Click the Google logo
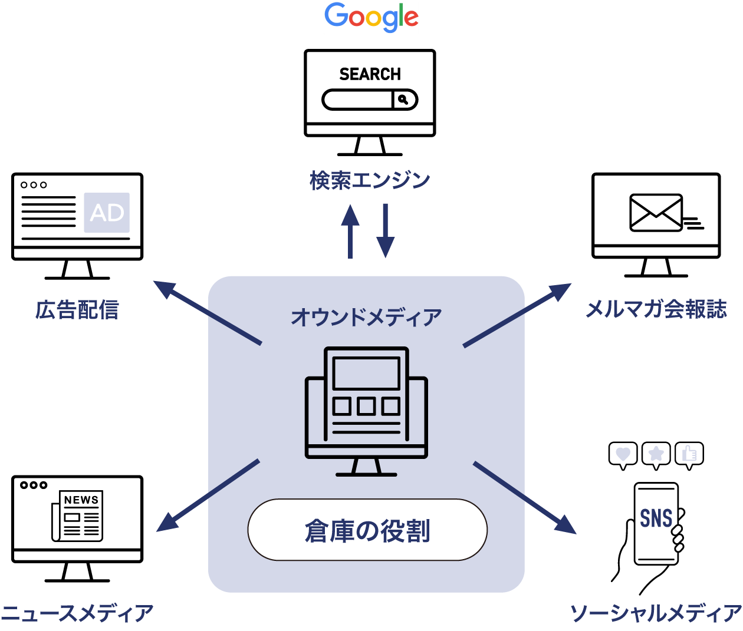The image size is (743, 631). (370, 18)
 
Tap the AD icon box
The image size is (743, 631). (107, 213)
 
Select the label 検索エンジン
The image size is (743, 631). (370, 180)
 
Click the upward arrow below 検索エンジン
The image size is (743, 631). (350, 231)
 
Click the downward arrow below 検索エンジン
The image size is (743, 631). (385, 231)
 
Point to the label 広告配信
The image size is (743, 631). (77, 310)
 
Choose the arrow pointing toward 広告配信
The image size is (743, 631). (206, 313)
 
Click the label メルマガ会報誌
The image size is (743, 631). (656, 309)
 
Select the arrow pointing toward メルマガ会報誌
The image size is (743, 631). (517, 315)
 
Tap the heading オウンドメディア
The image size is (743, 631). (366, 318)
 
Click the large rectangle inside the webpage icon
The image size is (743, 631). (366, 373)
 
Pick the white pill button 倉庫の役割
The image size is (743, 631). (367, 530)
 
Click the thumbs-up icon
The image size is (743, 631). (689, 454)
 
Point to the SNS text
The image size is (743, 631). (656, 518)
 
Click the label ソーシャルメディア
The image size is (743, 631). (656, 614)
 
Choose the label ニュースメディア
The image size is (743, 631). (77, 614)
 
